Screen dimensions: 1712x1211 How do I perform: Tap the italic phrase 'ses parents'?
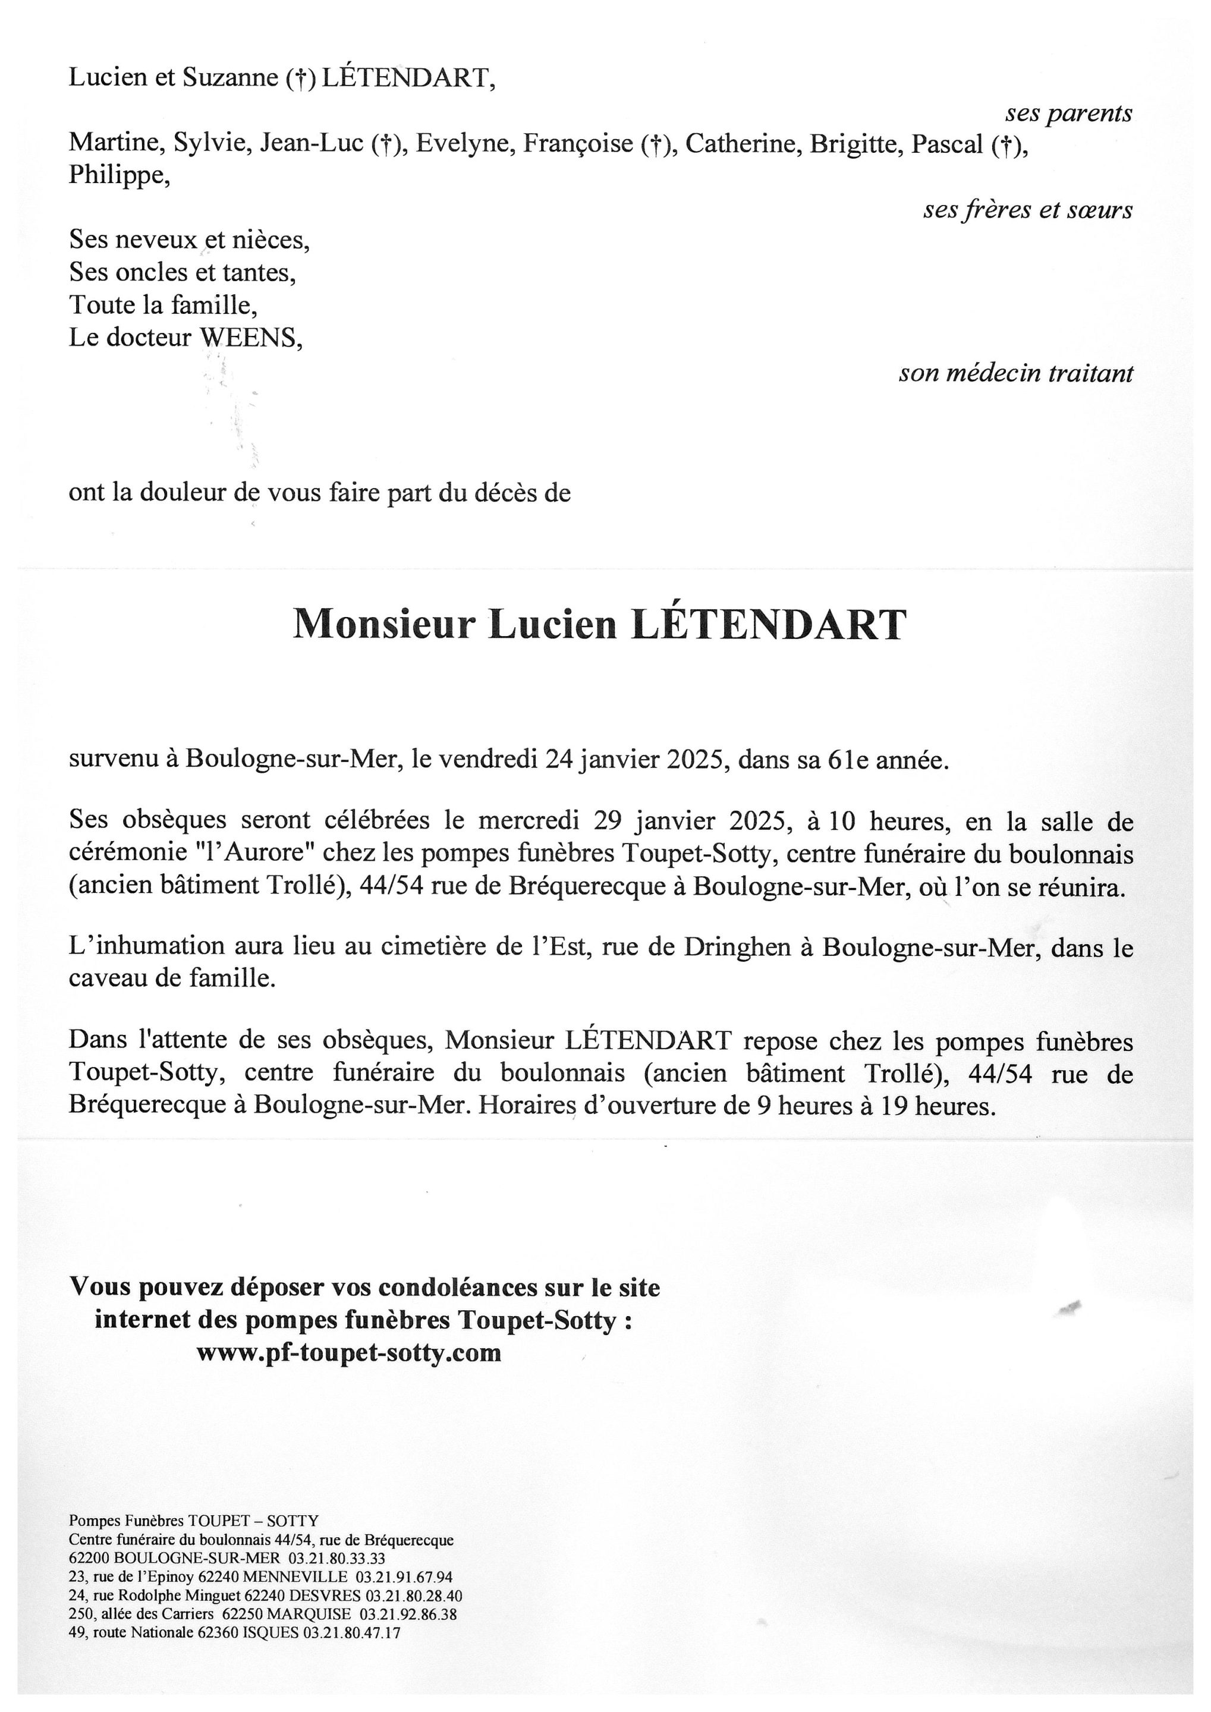pyautogui.click(x=1068, y=114)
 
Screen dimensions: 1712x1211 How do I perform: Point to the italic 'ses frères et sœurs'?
pyautogui.click(x=1027, y=210)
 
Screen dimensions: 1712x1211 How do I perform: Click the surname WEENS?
pyautogui.click(x=250, y=338)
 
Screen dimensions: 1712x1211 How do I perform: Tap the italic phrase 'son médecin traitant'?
pyautogui.click(x=1015, y=373)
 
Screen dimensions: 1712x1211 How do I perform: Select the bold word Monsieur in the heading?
pyautogui.click(x=384, y=624)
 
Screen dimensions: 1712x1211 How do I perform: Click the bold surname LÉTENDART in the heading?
pyautogui.click(x=769, y=624)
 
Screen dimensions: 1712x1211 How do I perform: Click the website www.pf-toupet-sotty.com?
pyautogui.click(x=348, y=1352)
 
